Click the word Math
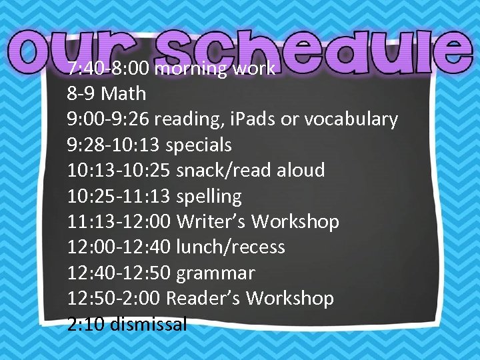pyautogui.click(x=124, y=93)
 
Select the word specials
pyautogui.click(x=199, y=145)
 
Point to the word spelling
pyautogui.click(x=209, y=196)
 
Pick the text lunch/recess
pyautogui.click(x=230, y=247)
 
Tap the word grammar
pyautogui.click(x=215, y=273)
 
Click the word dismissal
pyautogui.click(x=148, y=325)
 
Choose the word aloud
pyautogui.click(x=300, y=170)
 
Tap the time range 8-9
pyautogui.click(x=81, y=93)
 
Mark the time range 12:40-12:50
pyautogui.click(x=119, y=273)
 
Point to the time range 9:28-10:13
pyautogui.click(x=113, y=145)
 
